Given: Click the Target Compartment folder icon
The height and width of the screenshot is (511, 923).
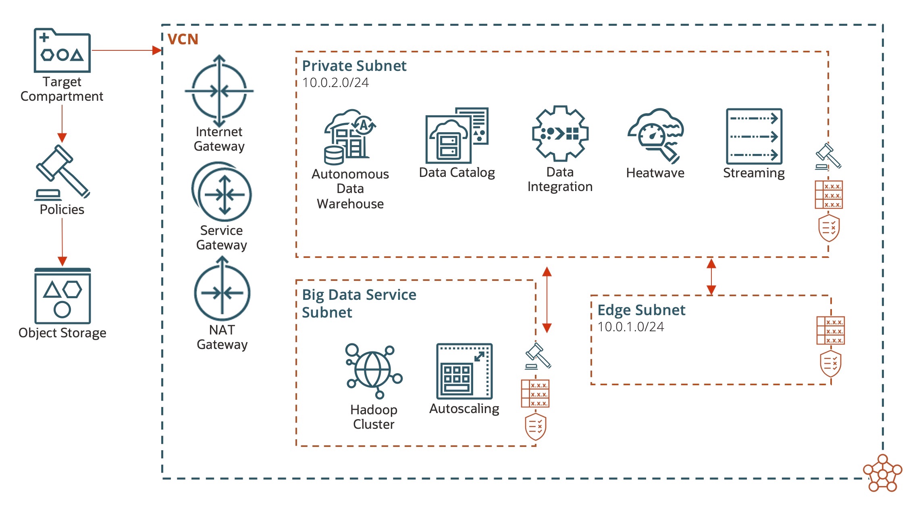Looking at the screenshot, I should point(62,51).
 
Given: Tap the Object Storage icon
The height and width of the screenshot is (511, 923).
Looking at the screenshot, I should point(62,296).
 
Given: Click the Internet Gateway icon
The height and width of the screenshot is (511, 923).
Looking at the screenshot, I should point(219,91).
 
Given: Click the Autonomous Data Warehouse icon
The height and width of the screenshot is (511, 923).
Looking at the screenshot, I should point(349,137).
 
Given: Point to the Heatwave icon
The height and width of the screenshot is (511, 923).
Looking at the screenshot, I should point(655,135).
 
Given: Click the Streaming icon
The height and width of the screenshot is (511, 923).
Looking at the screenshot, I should point(754,136).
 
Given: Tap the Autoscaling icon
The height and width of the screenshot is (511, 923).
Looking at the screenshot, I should point(464,371).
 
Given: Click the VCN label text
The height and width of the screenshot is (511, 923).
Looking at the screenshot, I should point(183,39).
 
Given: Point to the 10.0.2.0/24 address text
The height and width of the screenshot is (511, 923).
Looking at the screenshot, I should point(335,83).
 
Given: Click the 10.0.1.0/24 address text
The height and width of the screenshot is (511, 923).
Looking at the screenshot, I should point(630,327).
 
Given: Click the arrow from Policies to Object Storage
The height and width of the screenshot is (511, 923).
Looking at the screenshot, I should point(62,242).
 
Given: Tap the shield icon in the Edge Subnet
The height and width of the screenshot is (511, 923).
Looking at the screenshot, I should point(830,364).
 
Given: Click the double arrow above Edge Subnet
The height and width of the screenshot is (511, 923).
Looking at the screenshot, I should point(711,276).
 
